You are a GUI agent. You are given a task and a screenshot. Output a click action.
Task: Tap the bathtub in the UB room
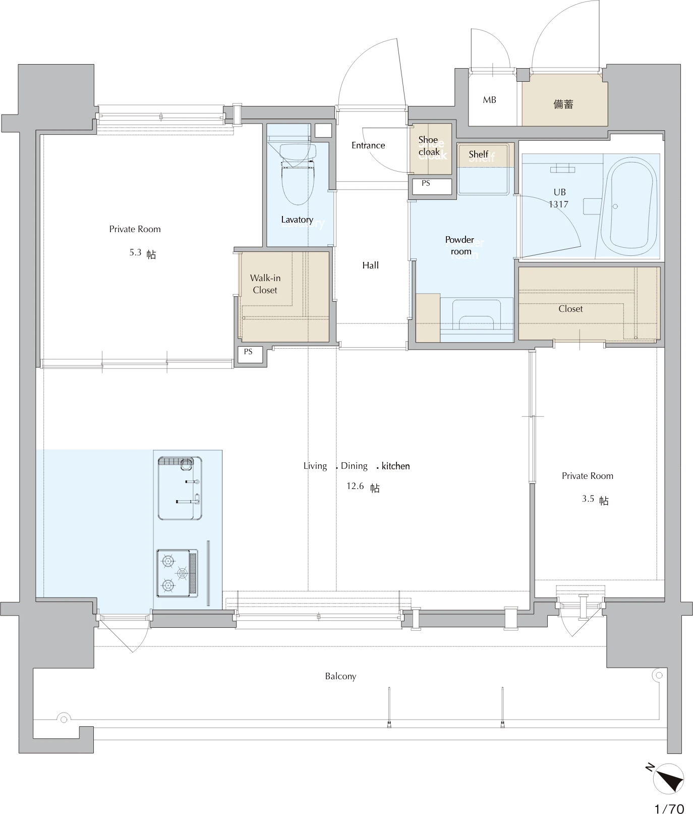pyautogui.click(x=630, y=206)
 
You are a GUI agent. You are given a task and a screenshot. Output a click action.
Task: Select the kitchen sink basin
pyautogui.click(x=180, y=488)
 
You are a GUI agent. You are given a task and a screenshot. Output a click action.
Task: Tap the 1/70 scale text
pyautogui.click(x=669, y=808)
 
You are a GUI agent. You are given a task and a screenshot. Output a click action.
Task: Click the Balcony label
pyautogui.click(x=340, y=676)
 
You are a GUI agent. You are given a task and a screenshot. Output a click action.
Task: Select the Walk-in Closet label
pyautogui.click(x=265, y=284)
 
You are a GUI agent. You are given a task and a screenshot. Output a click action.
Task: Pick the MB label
pyautogui.click(x=489, y=100)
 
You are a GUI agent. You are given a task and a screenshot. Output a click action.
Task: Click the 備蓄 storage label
pyautogui.click(x=563, y=104)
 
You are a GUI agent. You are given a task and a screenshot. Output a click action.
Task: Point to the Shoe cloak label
pyautogui.click(x=429, y=146)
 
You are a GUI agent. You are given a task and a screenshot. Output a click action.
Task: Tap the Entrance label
pyautogui.click(x=368, y=145)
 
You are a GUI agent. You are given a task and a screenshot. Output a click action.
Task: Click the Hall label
pyautogui.click(x=370, y=265)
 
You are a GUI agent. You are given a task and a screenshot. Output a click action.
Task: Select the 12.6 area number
pyautogui.click(x=355, y=486)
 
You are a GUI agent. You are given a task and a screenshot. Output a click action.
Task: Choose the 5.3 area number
pyautogui.click(x=135, y=252)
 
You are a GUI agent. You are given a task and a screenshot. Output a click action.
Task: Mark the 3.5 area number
pyautogui.click(x=588, y=499)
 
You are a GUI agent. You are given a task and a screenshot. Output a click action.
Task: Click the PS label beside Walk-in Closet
pyautogui.click(x=248, y=351)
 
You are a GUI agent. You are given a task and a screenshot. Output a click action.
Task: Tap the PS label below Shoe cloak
pyautogui.click(x=426, y=183)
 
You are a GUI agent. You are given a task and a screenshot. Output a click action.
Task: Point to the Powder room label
pyautogui.click(x=460, y=245)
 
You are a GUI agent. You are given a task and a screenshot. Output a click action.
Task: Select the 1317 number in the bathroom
pyautogui.click(x=558, y=204)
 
